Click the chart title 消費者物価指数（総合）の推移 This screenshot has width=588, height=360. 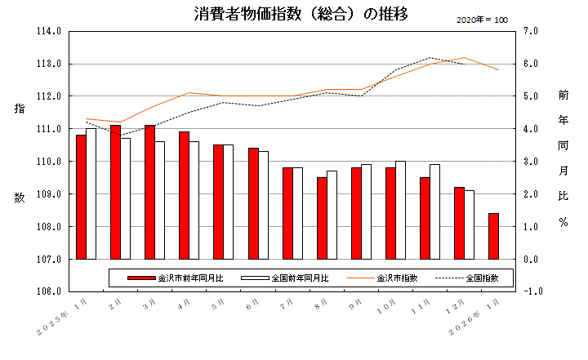tap(301, 14)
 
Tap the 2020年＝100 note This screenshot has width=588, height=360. tap(482, 19)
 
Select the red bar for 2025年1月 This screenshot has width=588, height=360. tap(81, 197)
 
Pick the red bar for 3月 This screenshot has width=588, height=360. tap(149, 192)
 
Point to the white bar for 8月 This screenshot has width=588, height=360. tap(332, 215)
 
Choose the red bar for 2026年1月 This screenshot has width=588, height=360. tap(493, 236)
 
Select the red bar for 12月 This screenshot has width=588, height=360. tap(459, 223)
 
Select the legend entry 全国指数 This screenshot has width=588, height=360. tap(483, 278)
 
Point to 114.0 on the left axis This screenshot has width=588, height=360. tap(50, 31)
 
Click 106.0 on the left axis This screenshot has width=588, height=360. tap(50, 291)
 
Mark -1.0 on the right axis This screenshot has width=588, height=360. tap(528, 291)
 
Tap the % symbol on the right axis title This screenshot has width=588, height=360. tap(563, 222)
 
